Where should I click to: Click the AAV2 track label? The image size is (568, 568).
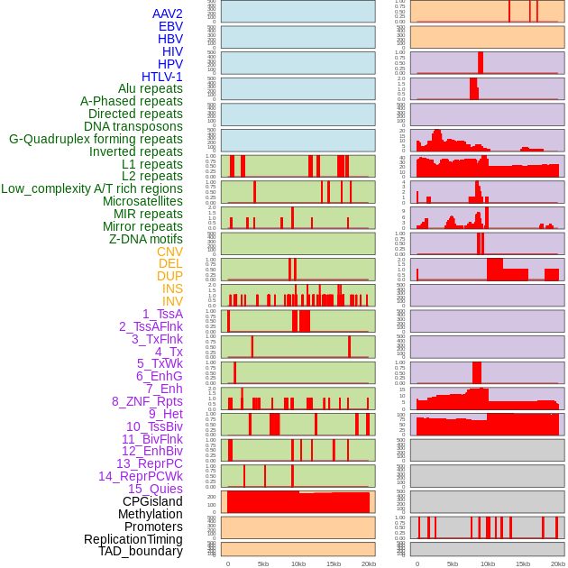point(167,14)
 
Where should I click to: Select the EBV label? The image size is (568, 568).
point(170,26)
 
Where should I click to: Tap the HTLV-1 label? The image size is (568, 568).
point(162,77)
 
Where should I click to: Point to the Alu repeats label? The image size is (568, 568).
point(151,88)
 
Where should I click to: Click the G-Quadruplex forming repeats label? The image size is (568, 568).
point(96,139)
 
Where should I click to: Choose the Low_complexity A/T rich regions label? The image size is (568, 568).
point(92,188)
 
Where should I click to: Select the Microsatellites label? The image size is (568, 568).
point(142,201)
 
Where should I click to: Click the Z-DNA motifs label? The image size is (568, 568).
point(146,239)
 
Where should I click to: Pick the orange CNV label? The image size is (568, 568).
point(169,252)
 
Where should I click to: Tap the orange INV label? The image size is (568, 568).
point(172,301)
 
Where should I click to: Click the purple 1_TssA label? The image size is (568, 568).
point(162,314)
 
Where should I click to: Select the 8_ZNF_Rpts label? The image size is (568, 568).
point(147,401)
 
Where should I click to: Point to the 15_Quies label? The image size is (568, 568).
point(155,489)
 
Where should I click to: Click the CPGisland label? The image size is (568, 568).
point(152,501)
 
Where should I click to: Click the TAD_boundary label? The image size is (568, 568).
point(141,551)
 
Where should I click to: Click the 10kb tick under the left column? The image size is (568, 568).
point(298,563)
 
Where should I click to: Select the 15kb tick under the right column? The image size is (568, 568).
point(523,563)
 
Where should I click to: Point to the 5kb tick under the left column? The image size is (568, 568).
point(263,563)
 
